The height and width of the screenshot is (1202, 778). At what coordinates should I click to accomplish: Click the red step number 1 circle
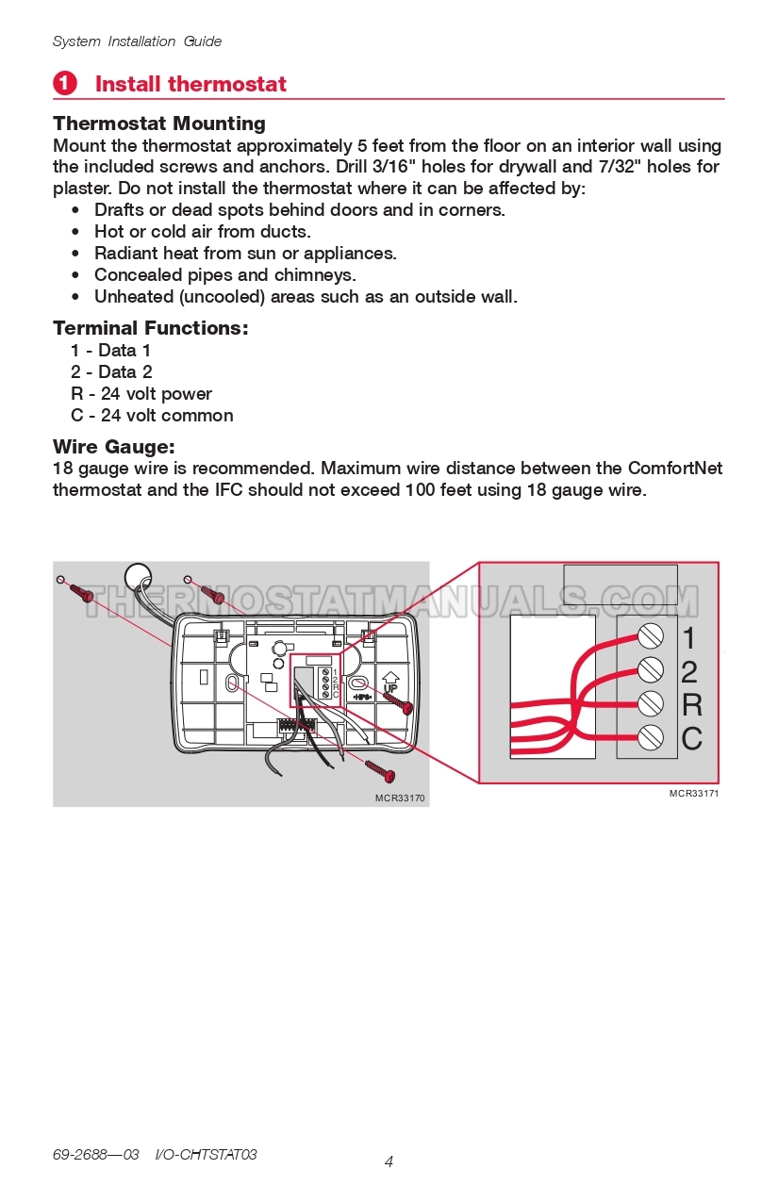click(64, 84)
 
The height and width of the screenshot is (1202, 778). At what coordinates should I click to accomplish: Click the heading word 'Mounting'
click(220, 123)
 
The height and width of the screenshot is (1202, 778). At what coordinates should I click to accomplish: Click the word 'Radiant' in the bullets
click(125, 254)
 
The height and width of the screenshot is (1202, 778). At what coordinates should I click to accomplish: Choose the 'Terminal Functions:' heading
click(151, 328)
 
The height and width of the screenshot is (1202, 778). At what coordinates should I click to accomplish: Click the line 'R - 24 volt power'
click(141, 394)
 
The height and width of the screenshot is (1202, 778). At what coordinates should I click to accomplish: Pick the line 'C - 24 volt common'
click(152, 416)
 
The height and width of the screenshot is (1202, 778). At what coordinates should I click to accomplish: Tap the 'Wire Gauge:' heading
click(114, 447)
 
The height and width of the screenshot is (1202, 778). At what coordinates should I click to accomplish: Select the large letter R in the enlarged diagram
click(691, 704)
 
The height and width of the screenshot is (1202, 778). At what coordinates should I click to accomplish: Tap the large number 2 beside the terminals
click(689, 671)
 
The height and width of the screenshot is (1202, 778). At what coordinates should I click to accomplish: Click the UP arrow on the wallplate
click(389, 681)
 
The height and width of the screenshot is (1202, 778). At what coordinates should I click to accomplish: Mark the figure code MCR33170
click(400, 799)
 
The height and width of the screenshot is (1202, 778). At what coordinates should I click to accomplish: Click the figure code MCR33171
click(694, 794)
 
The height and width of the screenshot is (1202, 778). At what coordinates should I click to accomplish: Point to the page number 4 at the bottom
click(389, 1161)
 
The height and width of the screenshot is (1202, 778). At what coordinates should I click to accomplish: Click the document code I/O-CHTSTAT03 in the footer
click(206, 1155)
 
